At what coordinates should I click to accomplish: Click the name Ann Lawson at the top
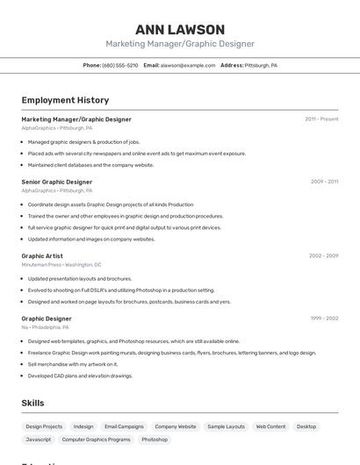[180, 30]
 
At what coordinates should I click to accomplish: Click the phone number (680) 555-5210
[119, 65]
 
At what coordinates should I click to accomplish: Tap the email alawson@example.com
[187, 65]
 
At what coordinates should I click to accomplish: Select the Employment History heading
[65, 100]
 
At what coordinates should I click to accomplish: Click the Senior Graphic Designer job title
[56, 182]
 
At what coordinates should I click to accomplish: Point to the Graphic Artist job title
[42, 255]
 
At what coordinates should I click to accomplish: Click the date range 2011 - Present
[321, 118]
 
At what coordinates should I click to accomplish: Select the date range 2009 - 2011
[324, 182]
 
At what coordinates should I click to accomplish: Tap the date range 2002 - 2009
[323, 255]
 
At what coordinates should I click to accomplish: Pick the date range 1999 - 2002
[323, 318]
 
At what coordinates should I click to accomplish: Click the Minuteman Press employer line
[61, 264]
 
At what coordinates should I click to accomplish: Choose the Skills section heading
[33, 403]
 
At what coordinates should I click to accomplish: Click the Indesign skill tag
[83, 426]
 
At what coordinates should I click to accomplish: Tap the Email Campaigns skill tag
[124, 426]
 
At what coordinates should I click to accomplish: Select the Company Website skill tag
[176, 426]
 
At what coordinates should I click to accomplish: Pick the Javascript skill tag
[39, 439]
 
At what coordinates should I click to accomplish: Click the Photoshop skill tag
[155, 439]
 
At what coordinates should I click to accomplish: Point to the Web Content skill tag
[270, 426]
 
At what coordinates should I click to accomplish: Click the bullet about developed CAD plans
[80, 376]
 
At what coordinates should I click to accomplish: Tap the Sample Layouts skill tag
[227, 426]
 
